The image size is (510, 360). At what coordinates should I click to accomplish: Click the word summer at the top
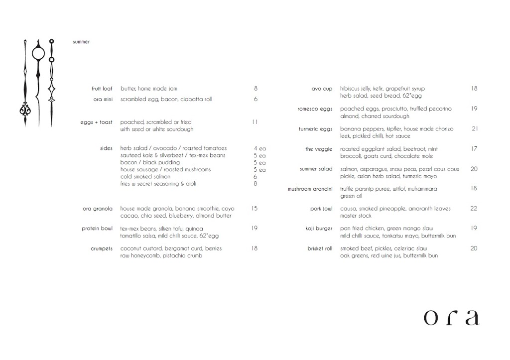(x=81, y=42)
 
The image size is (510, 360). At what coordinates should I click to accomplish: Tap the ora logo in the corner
(x=451, y=317)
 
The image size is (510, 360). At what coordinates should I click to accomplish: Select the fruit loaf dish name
(x=102, y=89)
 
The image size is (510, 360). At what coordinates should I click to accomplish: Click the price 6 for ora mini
(x=255, y=99)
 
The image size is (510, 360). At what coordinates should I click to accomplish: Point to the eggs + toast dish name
(x=97, y=122)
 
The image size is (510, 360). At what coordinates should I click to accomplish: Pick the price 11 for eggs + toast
(x=255, y=122)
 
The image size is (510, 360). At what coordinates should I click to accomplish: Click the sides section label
(x=106, y=148)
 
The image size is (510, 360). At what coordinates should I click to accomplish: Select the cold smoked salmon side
(x=145, y=177)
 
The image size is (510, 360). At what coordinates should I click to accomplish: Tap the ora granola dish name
(x=98, y=209)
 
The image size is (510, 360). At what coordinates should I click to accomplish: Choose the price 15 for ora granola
(x=255, y=209)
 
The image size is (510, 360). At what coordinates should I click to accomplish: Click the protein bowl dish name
(x=97, y=229)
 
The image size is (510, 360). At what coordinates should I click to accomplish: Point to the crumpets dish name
(x=102, y=248)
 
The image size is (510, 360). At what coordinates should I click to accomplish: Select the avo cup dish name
(x=322, y=89)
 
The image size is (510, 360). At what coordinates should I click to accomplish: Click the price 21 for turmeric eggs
(x=475, y=129)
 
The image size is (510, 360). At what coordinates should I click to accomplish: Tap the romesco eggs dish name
(x=315, y=109)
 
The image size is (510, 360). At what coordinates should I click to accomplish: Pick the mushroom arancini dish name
(x=310, y=189)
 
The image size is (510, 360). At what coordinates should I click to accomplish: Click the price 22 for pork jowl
(x=474, y=209)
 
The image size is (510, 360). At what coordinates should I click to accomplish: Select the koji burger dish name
(x=319, y=229)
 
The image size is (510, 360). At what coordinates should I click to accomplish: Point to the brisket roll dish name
(x=320, y=248)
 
